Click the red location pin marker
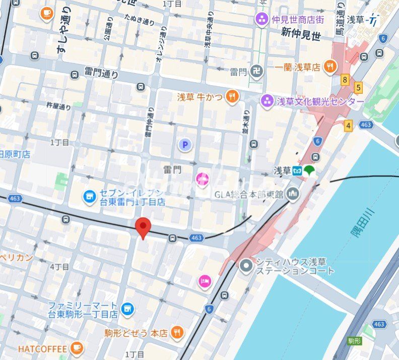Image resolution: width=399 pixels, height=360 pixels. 144,228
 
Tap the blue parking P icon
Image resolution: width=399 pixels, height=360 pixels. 185,146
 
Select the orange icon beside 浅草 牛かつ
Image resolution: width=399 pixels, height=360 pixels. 232,96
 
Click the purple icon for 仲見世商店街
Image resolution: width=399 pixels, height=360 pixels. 262,20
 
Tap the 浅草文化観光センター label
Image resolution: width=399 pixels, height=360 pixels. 320,101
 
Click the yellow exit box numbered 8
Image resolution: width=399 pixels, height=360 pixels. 345,80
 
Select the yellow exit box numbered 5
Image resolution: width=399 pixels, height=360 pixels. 359,88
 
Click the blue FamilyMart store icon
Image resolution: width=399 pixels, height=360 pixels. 127,308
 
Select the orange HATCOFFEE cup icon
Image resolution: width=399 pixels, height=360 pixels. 76,348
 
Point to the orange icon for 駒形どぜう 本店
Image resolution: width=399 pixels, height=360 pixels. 176,332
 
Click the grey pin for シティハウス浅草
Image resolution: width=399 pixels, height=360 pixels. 246,265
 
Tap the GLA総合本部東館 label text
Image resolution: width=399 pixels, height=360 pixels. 250,194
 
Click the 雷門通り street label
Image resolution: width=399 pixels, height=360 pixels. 101,74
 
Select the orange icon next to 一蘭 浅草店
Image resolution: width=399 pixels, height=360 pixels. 329,66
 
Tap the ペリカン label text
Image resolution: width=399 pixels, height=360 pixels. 17,257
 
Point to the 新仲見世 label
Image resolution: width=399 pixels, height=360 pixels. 301,35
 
